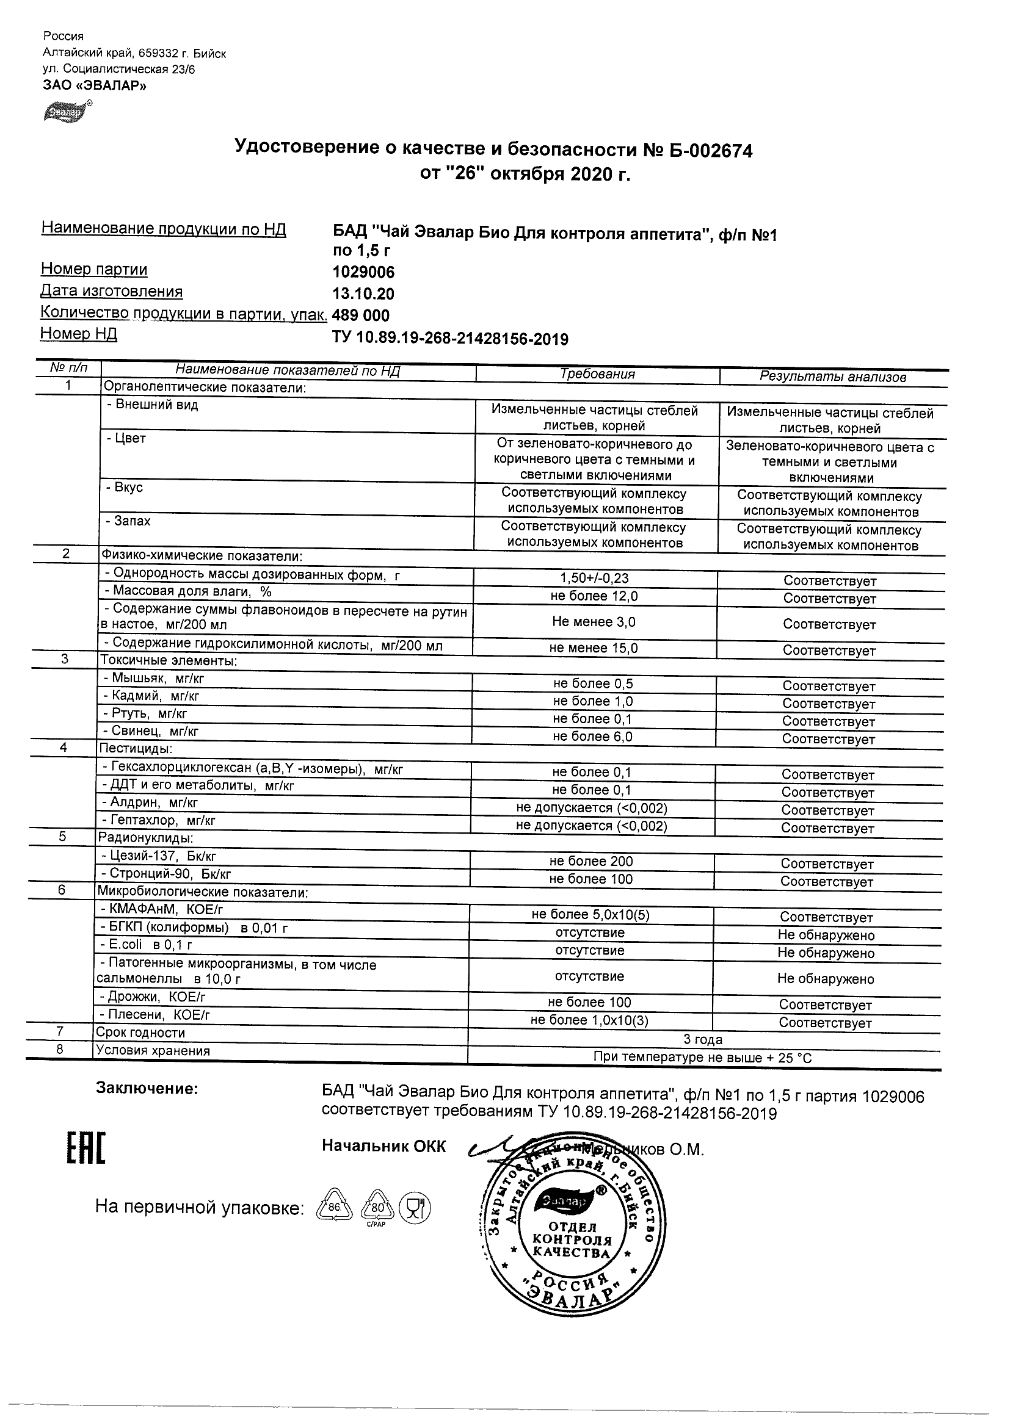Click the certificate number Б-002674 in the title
(x=711, y=151)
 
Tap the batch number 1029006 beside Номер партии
(x=363, y=272)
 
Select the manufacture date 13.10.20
(x=363, y=294)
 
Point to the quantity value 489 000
(x=361, y=316)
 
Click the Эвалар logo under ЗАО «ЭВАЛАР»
(x=65, y=111)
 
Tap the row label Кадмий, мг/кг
(x=151, y=696)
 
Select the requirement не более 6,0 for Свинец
(x=592, y=737)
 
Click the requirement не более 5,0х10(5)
(x=590, y=914)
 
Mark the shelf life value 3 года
(x=703, y=1039)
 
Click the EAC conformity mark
(x=86, y=1149)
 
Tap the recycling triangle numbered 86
(x=335, y=1207)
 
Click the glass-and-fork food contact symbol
(x=415, y=1208)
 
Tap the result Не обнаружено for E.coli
(x=825, y=953)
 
